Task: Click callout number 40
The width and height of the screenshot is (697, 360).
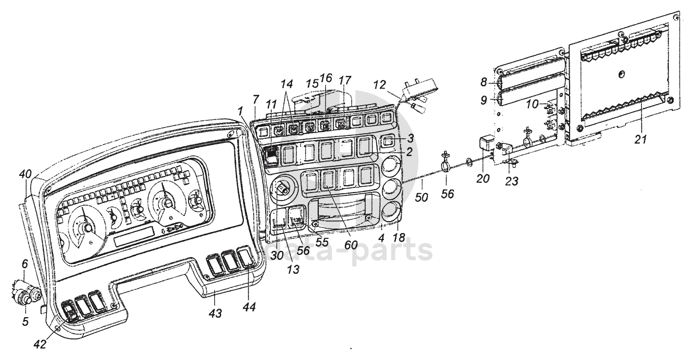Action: click(x=25, y=174)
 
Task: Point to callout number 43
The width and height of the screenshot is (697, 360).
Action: click(x=215, y=313)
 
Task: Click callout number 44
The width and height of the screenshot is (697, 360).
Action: click(x=249, y=307)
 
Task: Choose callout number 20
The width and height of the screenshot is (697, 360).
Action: click(x=483, y=178)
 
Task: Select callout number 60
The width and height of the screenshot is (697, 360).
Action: click(x=351, y=245)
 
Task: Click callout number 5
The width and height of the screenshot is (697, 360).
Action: click(x=25, y=322)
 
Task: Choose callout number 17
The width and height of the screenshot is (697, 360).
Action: click(x=345, y=81)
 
